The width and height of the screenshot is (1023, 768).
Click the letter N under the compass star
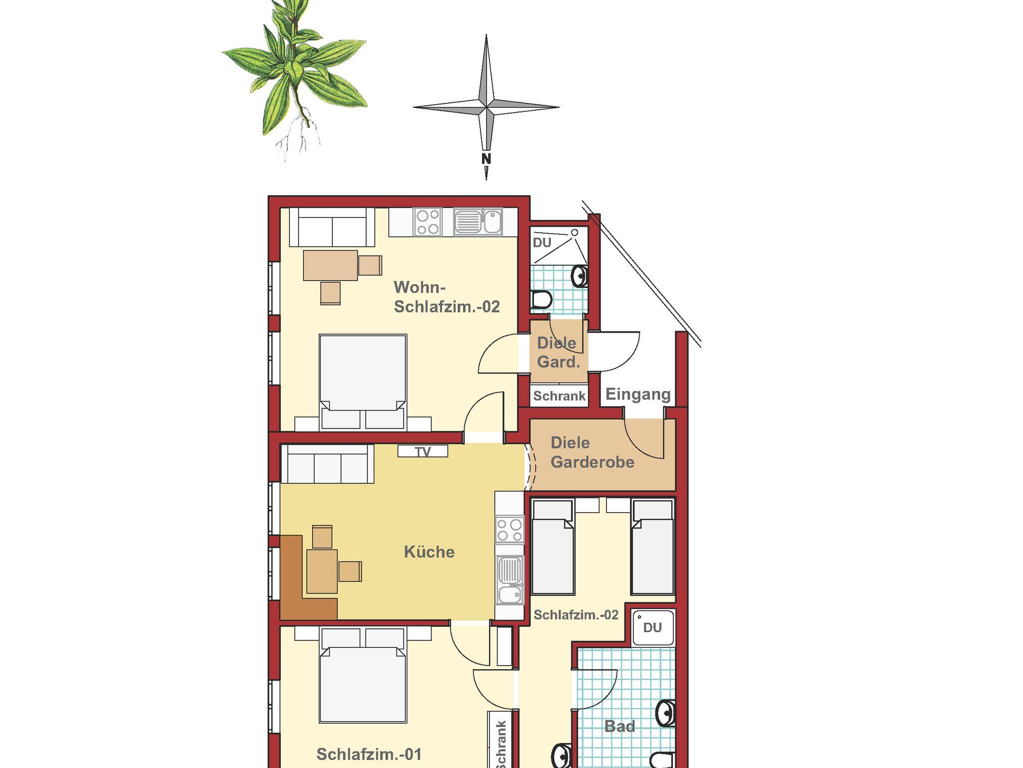[x=486, y=159]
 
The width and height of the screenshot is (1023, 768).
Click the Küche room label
[x=429, y=552]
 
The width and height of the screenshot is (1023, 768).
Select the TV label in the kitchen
[x=423, y=451]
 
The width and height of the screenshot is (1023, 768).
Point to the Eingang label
[x=638, y=394]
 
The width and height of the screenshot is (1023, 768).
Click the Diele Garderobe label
[x=592, y=452]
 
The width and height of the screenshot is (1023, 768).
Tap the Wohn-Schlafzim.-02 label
[x=447, y=297]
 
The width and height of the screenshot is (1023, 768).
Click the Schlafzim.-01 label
[x=369, y=754]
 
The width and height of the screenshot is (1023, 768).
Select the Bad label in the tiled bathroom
[x=619, y=726]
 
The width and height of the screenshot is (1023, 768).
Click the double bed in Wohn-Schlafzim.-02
[x=363, y=383]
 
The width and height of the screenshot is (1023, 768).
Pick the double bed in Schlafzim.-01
[x=363, y=675]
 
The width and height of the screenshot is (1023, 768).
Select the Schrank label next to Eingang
[x=559, y=396]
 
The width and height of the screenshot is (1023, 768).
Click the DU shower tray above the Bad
[x=653, y=628]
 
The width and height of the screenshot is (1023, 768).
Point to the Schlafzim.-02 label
[x=576, y=615]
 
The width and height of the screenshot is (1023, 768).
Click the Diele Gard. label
[x=558, y=353]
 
